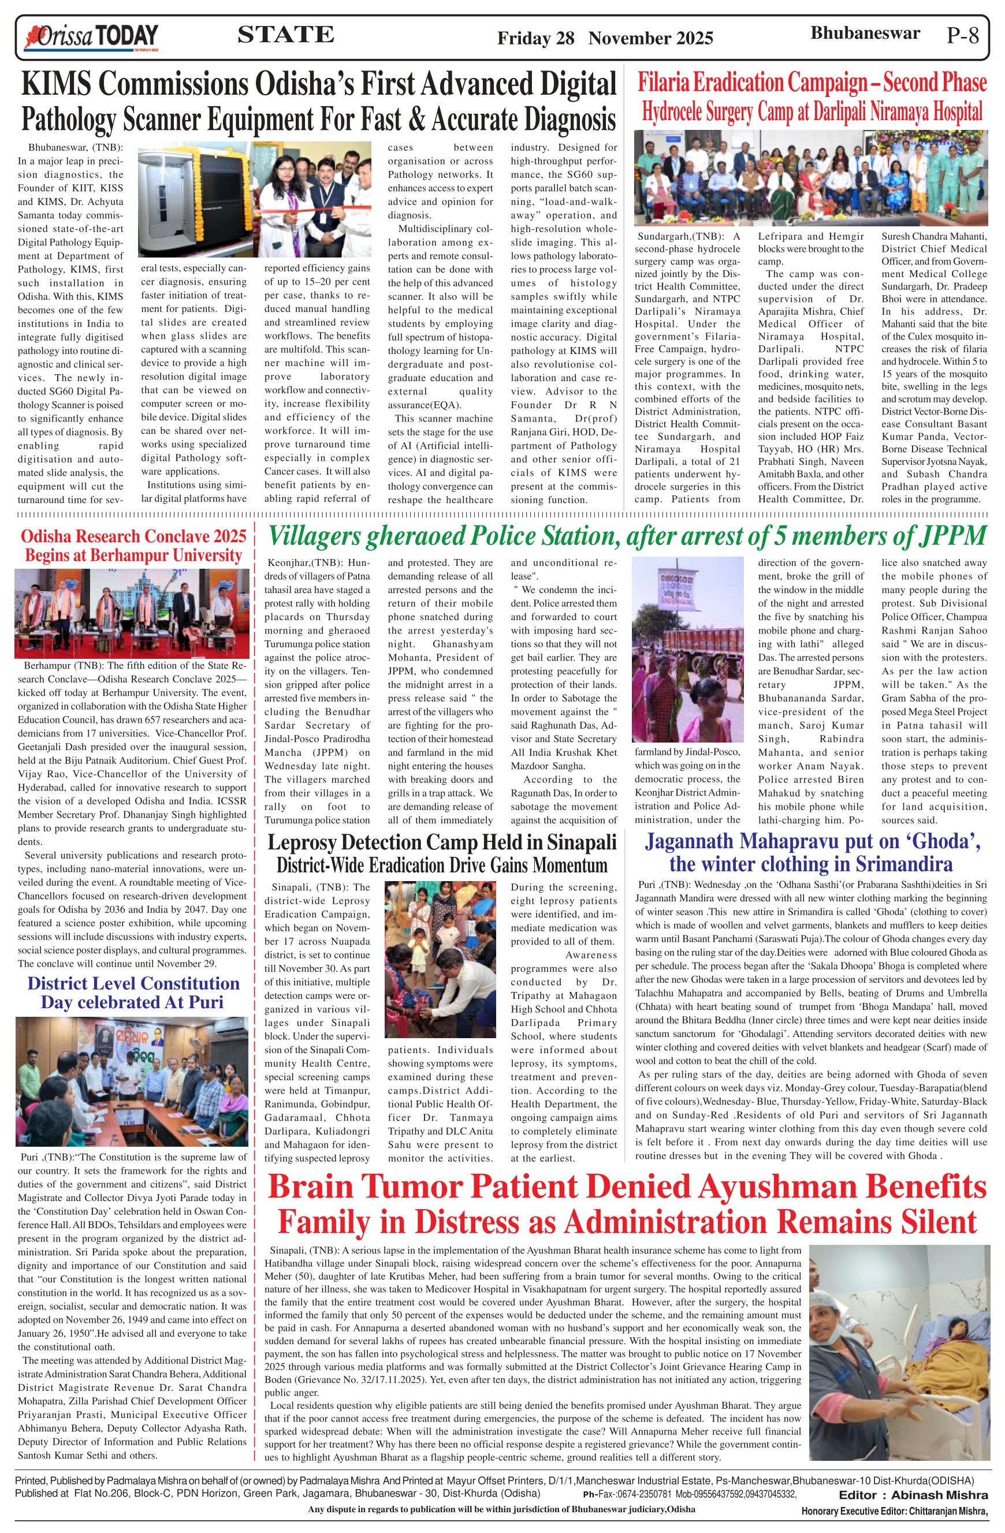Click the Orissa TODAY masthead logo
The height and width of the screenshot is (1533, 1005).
[91, 37]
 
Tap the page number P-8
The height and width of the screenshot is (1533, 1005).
[962, 35]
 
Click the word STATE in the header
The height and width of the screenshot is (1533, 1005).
[285, 34]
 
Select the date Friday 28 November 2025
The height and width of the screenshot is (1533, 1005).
[604, 38]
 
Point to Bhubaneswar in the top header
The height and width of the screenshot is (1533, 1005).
[865, 33]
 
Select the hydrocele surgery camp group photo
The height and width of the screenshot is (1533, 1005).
[810, 178]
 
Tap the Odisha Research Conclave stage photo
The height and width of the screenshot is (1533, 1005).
[132, 613]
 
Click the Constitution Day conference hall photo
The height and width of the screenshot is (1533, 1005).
[132, 1081]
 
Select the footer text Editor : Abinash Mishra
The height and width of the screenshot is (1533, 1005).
[913, 1495]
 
